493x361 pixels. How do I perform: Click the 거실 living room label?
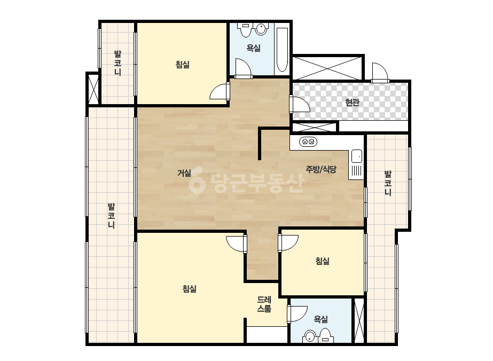coord(184,173)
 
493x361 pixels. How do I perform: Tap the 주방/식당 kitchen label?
coord(321,169)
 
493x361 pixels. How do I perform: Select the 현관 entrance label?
coord(352,102)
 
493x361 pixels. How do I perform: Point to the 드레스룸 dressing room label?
coord(264,304)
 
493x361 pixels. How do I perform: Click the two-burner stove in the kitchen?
coord(308,142)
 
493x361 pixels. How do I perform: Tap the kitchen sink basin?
coord(357,156)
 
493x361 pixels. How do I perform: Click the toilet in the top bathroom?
coord(245,30)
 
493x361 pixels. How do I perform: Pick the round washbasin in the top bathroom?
coord(261,29)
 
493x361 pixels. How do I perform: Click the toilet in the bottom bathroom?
coord(325,335)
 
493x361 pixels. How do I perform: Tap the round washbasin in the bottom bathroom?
coord(310,337)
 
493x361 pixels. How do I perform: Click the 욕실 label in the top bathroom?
coord(253,48)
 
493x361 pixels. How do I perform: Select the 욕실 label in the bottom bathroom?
coord(321,319)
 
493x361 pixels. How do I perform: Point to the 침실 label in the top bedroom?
coord(182,65)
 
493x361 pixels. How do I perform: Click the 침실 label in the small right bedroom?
coord(322,261)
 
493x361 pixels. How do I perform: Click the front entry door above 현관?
coord(380,72)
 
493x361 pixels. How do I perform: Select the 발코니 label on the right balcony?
coord(388,183)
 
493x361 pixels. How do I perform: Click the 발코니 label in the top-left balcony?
coord(118,63)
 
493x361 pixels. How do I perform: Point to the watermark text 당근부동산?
coord(246,180)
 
